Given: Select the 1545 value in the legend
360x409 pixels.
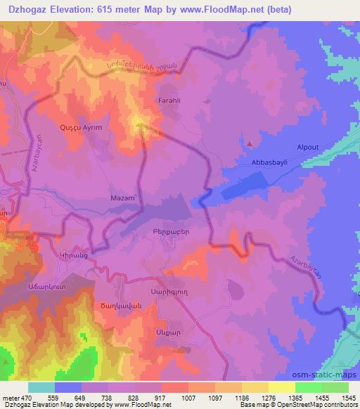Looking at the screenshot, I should point(347,396).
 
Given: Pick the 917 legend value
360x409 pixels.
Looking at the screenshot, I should point(162,396).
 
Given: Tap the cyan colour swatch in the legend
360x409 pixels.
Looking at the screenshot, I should point(41,387).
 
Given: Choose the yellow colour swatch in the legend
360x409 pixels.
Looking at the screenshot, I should point(281,387).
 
